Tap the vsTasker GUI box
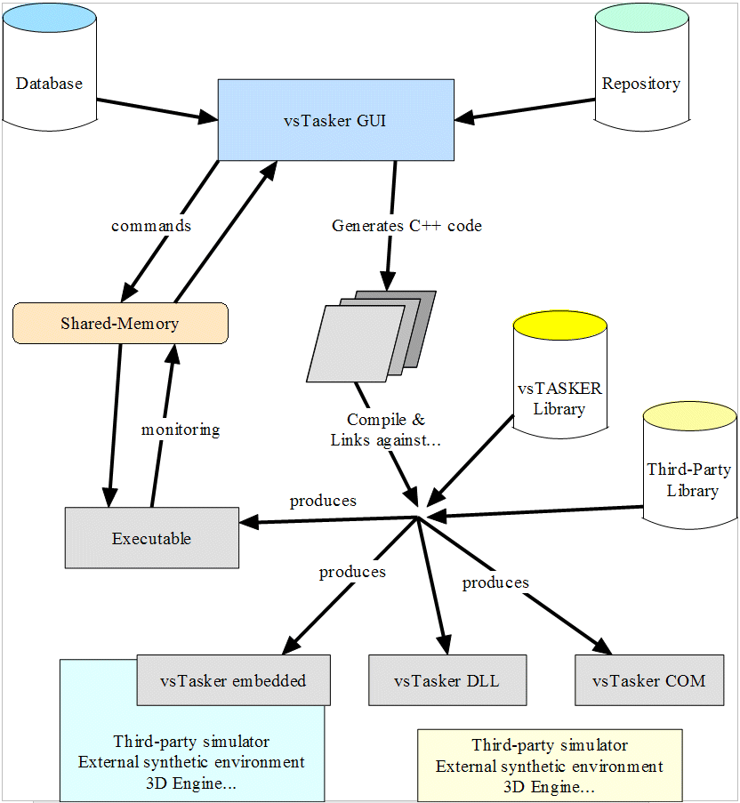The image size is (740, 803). pos(336,120)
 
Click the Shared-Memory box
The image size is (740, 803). pos(120,324)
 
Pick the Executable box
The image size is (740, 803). pos(151,537)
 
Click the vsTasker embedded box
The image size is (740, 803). pos(233,681)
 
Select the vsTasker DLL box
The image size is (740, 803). pos(446,681)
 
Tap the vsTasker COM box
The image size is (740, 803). pos(648,681)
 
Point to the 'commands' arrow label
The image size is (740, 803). pos(151,226)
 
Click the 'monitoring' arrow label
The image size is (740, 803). pos(181,430)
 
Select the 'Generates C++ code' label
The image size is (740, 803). pos(406,226)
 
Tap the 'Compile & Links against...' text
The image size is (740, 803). pos(385,429)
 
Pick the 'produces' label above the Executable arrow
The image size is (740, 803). pos(323,501)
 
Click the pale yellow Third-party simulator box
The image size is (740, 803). pos(550,765)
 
